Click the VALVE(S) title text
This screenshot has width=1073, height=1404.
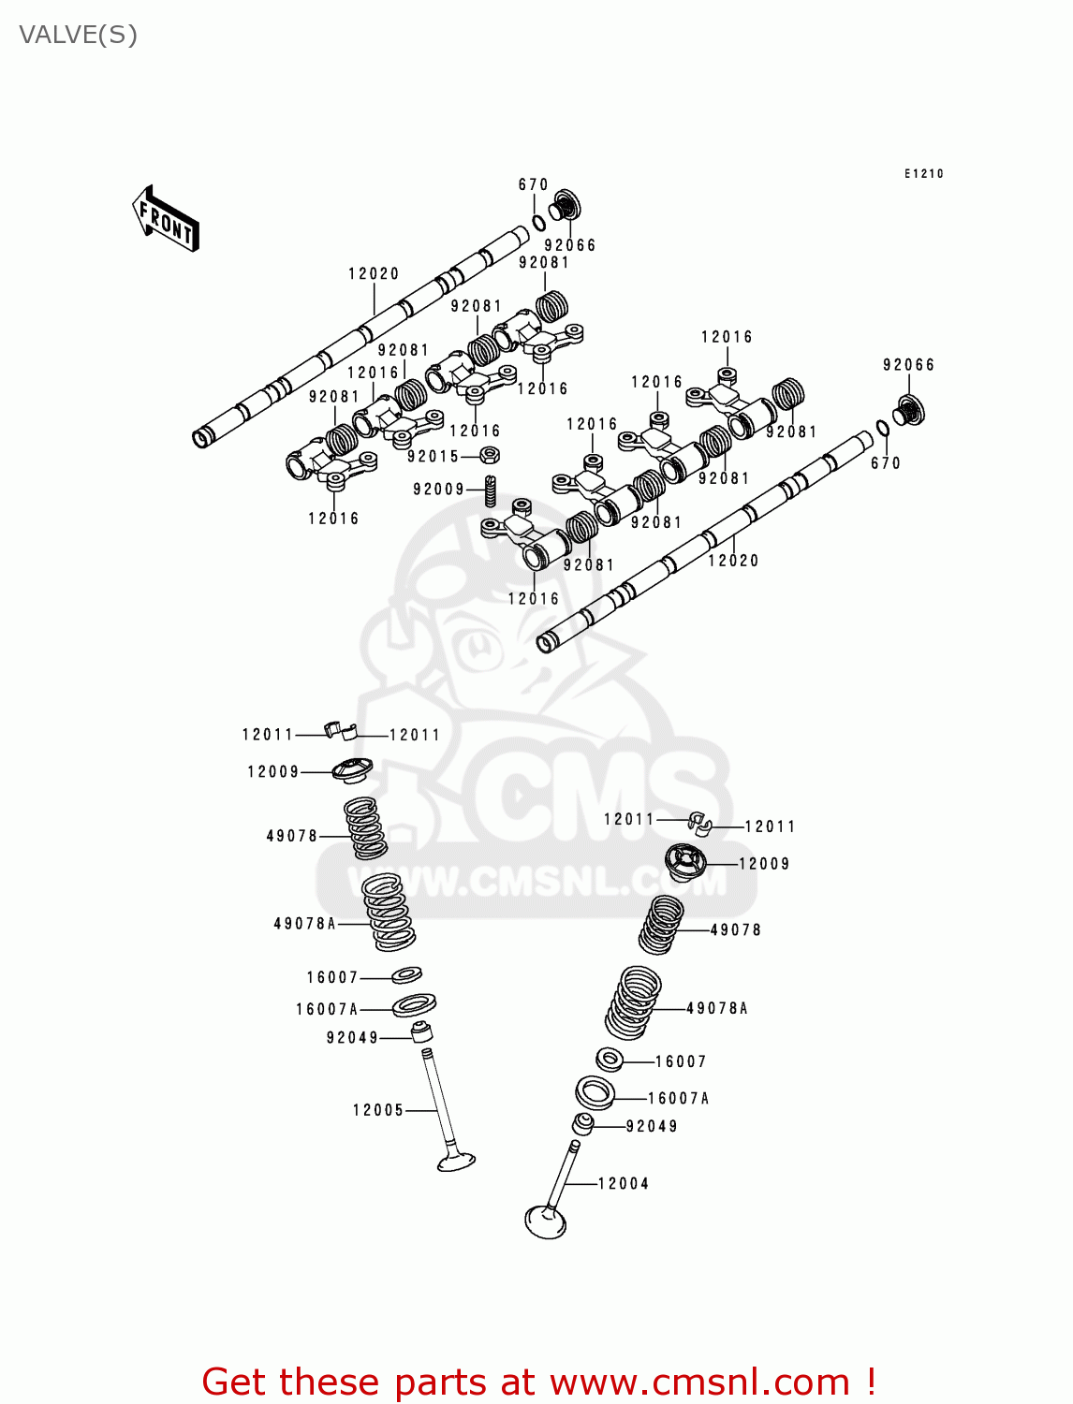pyautogui.click(x=78, y=36)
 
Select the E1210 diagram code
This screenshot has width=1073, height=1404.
pyautogui.click(x=923, y=174)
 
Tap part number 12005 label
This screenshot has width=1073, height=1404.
pyautogui.click(x=378, y=1110)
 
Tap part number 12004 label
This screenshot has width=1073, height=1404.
pyautogui.click(x=624, y=1184)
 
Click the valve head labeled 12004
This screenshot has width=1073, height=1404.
pyautogui.click(x=546, y=1221)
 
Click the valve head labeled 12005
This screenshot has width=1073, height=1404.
pyautogui.click(x=457, y=1162)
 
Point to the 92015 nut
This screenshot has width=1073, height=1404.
pyautogui.click(x=489, y=456)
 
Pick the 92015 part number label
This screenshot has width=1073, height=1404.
pyautogui.click(x=434, y=457)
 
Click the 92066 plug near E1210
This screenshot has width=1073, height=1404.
pyautogui.click(x=906, y=410)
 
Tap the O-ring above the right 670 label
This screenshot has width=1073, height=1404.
pyautogui.click(x=882, y=429)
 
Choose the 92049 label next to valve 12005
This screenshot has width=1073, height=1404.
pyautogui.click(x=353, y=1038)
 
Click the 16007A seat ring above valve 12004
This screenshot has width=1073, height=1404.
pyautogui.click(x=595, y=1092)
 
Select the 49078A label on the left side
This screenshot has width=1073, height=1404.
pyautogui.click(x=304, y=924)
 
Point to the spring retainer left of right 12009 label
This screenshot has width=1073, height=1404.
pyautogui.click(x=684, y=861)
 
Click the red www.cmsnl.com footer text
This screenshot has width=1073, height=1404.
pyautogui.click(x=539, y=1382)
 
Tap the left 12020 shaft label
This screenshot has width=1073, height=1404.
pyautogui.click(x=374, y=274)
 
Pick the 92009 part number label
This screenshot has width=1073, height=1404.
pyautogui.click(x=439, y=490)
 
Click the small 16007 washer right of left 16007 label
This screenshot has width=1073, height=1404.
pyautogui.click(x=406, y=975)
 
